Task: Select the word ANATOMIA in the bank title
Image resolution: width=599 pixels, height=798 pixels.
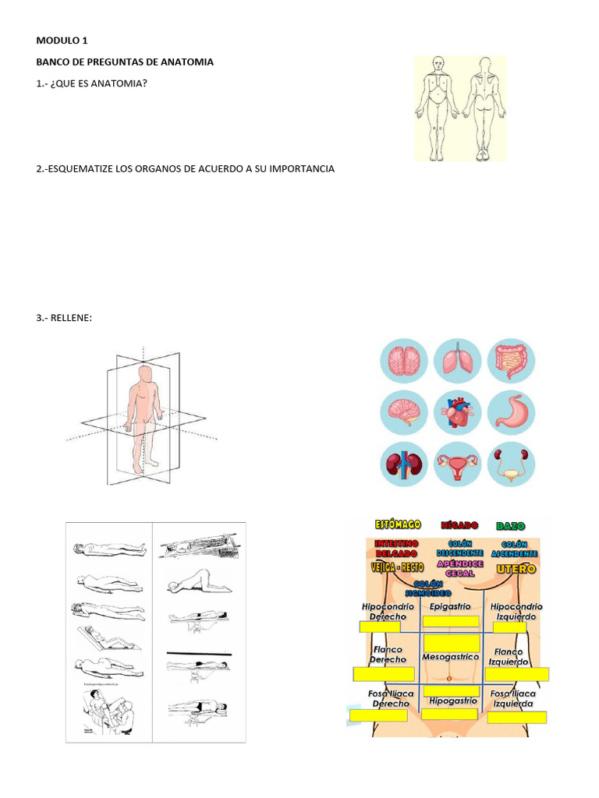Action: pos(186,62)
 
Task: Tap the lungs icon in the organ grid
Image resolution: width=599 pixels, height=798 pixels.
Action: pos(458,361)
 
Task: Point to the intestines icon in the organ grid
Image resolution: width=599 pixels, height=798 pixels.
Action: pos(512,361)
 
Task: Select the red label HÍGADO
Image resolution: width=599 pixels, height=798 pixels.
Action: pos(459,526)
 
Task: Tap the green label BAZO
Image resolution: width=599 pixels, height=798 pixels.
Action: pos(511,526)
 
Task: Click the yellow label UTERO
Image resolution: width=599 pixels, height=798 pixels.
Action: pos(516,569)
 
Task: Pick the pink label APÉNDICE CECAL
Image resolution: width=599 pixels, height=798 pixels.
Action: pos(460,567)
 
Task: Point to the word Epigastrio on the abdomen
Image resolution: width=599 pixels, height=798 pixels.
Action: pos(450,606)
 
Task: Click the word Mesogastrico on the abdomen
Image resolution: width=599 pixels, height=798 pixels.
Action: pos(450,657)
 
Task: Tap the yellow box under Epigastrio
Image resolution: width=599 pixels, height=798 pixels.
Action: pos(450,621)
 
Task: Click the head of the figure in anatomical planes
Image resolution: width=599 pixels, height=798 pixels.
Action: pos(144,373)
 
